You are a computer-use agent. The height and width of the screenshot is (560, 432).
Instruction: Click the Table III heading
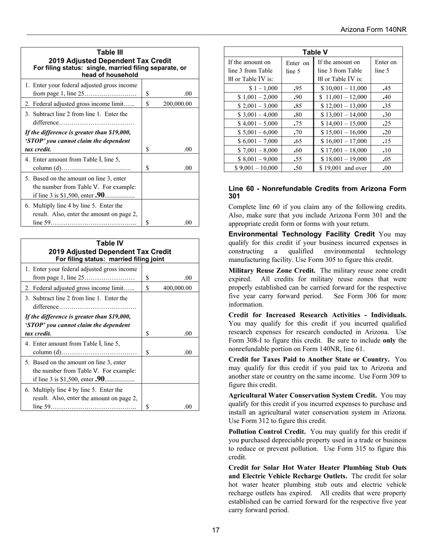(110, 52)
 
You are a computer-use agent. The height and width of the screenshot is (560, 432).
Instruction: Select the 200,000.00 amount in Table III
(177, 104)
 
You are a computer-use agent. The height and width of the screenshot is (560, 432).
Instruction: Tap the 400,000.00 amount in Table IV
(177, 288)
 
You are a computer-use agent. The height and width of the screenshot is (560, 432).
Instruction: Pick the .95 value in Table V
(298, 88)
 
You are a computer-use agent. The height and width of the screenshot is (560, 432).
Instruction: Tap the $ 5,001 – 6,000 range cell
(257, 132)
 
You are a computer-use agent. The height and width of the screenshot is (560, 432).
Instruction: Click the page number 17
(216, 530)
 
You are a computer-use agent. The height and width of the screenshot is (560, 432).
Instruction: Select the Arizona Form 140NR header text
(373, 30)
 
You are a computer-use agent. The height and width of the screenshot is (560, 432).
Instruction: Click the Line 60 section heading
(317, 192)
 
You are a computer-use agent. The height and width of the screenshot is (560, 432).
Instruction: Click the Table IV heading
(110, 244)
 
